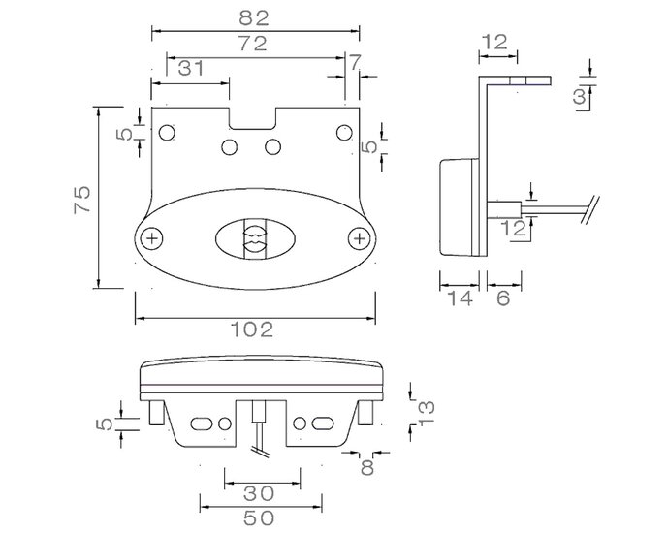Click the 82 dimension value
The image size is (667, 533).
pyautogui.click(x=254, y=17)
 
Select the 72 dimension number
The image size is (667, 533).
pyautogui.click(x=253, y=44)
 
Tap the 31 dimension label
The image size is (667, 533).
pyautogui.click(x=190, y=68)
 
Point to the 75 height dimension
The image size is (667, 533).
pyautogui.click(x=82, y=199)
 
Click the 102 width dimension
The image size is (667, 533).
pyautogui.click(x=252, y=329)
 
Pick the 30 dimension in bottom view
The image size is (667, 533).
pyautogui.click(x=259, y=493)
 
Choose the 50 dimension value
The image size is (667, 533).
pyautogui.click(x=259, y=517)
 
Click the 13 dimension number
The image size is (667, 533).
pyautogui.click(x=427, y=413)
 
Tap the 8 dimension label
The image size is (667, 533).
pyautogui.click(x=366, y=467)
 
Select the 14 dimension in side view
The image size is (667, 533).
pyautogui.click(x=461, y=298)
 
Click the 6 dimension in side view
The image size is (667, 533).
pyautogui.click(x=503, y=298)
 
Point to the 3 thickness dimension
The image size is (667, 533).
pyautogui.click(x=580, y=97)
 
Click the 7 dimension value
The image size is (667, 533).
pyautogui.click(x=354, y=62)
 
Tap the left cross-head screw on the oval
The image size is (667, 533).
pyautogui.click(x=152, y=238)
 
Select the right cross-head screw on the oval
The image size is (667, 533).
pyautogui.click(x=360, y=238)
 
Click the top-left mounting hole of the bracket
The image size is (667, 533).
pyautogui.click(x=167, y=133)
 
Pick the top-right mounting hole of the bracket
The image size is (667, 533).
pyautogui.click(x=344, y=133)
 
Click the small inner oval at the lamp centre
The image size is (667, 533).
pyautogui.click(x=255, y=238)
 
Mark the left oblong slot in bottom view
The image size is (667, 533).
pyautogui.click(x=202, y=423)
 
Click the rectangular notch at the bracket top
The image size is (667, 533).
pyautogui.click(x=253, y=118)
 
